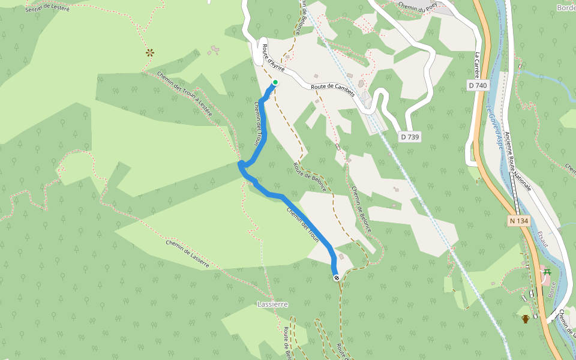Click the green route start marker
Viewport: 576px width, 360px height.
pyautogui.click(x=275, y=82)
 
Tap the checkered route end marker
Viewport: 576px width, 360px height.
pyautogui.click(x=337, y=277)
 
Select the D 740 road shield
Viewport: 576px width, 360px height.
pyautogui.click(x=478, y=86)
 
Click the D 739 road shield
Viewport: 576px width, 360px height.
pyautogui.click(x=409, y=137)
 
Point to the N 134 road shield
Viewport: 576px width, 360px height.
pyautogui.click(x=519, y=221)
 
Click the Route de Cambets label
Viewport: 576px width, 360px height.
pyautogui.click(x=333, y=90)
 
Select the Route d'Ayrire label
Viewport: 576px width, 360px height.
pyautogui.click(x=274, y=58)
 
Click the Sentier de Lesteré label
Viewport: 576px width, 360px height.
pyautogui.click(x=48, y=8)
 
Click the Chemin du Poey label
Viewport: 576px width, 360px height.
pyautogui.click(x=418, y=8)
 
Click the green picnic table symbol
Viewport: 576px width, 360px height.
pyautogui.click(x=547, y=273)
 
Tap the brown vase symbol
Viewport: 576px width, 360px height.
pyautogui.click(x=526, y=319)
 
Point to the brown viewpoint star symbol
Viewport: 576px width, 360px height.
pyautogui.click(x=149, y=53)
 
